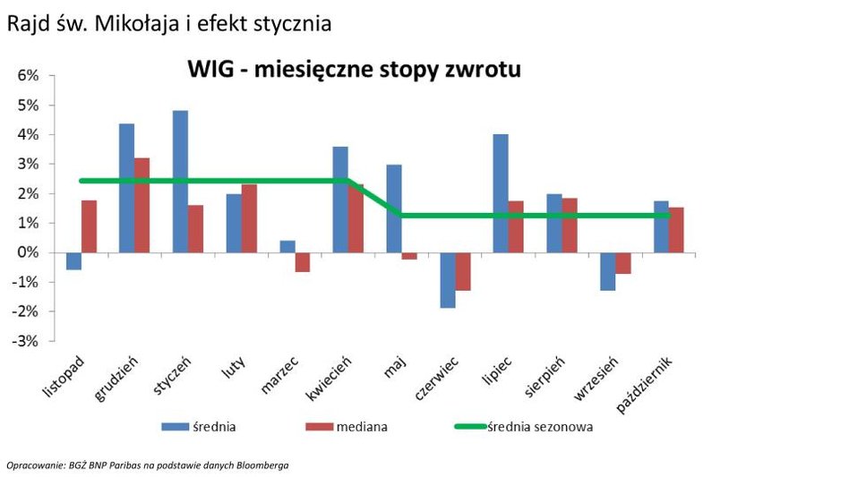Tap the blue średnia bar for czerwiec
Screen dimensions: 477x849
pos(447,280)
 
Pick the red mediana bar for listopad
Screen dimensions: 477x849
pos(89,226)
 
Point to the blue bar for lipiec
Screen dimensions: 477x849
pos(500,193)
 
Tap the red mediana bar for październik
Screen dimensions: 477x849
pos(677,230)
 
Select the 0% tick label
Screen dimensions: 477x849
pos(28,252)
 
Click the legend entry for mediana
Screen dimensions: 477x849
pos(362,427)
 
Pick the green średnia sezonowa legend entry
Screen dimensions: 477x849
pos(540,427)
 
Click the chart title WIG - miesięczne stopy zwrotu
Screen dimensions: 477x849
pos(354,69)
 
